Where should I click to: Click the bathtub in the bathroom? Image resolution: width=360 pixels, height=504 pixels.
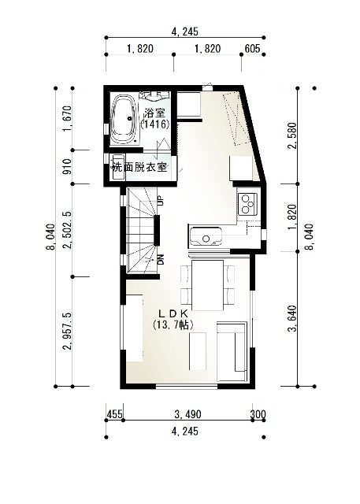(123, 119)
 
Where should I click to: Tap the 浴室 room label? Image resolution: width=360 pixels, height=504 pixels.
(154, 113)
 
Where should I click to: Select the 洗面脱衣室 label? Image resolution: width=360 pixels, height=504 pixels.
(139, 167)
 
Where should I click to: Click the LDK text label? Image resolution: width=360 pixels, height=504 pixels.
(173, 313)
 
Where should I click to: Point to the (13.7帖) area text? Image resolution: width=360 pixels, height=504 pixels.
(173, 324)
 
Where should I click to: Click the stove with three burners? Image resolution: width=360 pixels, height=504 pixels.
(247, 204)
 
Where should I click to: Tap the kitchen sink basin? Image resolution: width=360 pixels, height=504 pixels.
(206, 237)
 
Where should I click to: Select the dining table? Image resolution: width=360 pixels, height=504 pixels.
(207, 285)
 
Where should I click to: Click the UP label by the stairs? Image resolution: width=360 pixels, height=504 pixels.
(161, 201)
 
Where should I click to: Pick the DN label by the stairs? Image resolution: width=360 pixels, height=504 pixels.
(161, 259)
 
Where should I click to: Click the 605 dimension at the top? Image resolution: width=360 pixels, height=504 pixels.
(252, 49)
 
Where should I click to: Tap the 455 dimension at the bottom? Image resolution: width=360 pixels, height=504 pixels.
(114, 414)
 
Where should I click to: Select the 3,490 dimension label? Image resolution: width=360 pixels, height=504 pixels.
(188, 414)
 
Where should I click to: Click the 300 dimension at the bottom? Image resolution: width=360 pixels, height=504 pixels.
(258, 414)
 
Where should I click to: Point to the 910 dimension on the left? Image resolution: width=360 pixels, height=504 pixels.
(67, 166)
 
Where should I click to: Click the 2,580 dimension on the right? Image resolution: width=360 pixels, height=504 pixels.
(292, 135)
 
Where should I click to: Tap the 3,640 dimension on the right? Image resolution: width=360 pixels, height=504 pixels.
(292, 318)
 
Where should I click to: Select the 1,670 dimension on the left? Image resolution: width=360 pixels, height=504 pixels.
(67, 119)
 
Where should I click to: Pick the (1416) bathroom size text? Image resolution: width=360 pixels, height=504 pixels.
(155, 124)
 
